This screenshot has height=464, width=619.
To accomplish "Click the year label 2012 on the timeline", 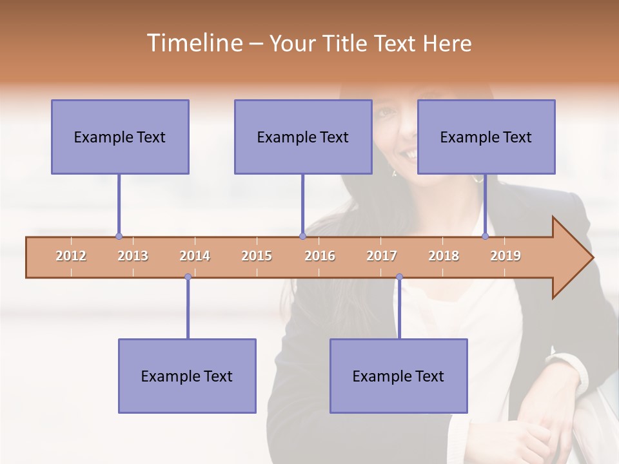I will pyautogui.click(x=71, y=256).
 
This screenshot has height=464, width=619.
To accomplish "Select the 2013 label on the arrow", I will pyautogui.click(x=133, y=256).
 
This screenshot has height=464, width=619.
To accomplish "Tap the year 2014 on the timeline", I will pyautogui.click(x=195, y=256).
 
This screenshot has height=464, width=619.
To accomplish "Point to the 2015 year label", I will pyautogui.click(x=257, y=256).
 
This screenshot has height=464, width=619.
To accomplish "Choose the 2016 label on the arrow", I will pyautogui.click(x=320, y=256).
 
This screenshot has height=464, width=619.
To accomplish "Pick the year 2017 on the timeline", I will pyautogui.click(x=382, y=256).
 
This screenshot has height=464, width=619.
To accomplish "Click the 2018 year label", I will pyautogui.click(x=444, y=256).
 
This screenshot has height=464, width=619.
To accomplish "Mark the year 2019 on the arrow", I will pyautogui.click(x=506, y=256).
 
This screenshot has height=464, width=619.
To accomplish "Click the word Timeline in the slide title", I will pyautogui.click(x=194, y=43).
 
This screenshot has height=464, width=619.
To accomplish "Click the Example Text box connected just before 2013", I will pyautogui.click(x=120, y=137).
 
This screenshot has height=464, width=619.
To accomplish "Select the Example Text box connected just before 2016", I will pyautogui.click(x=303, y=137).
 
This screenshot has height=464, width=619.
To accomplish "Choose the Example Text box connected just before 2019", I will pyautogui.click(x=486, y=137).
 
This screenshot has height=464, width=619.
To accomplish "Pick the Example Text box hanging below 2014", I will pyautogui.click(x=187, y=376).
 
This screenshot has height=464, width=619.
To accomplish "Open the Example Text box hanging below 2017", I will pyautogui.click(x=398, y=376).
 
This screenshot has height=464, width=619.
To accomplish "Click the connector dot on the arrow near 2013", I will pyautogui.click(x=119, y=237).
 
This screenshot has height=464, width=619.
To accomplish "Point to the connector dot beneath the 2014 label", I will pyautogui.click(x=188, y=277).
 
